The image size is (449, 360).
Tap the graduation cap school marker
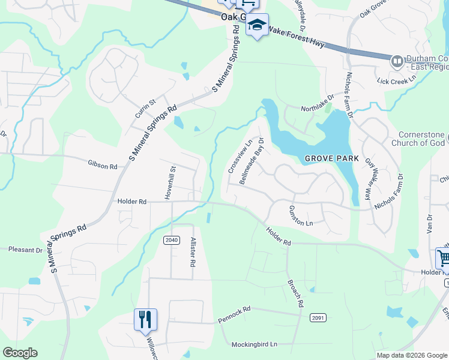[257, 25]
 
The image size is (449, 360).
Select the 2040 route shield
[172, 240]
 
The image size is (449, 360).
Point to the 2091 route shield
[318, 317]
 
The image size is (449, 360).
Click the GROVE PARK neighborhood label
[331, 159]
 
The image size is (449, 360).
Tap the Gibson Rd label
[102, 163]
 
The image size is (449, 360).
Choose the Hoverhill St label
[169, 182]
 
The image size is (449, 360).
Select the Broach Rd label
[295, 293]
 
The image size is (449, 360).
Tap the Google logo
[20, 353]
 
